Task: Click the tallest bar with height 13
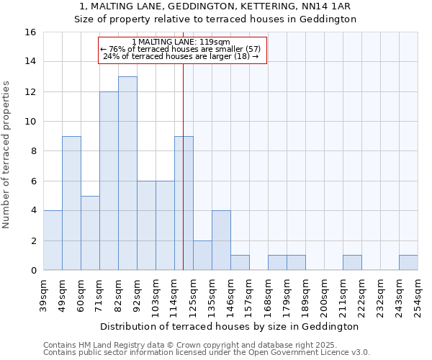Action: pyautogui.click(x=127, y=173)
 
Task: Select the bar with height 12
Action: pyautogui.click(x=109, y=181)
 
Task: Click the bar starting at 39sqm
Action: pyautogui.click(x=53, y=240)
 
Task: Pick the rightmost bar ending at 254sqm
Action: pyautogui.click(x=408, y=263)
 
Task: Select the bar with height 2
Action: pyautogui.click(x=202, y=256)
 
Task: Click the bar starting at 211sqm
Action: pyautogui.click(x=352, y=263)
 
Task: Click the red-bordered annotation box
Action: pyautogui.click(x=182, y=50)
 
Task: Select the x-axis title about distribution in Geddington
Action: pyautogui.click(x=230, y=326)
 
